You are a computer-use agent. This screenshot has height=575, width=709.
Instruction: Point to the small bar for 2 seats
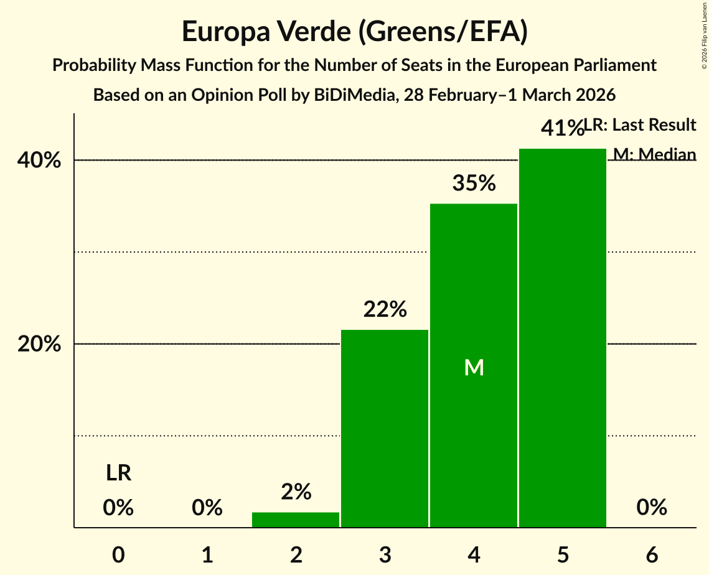(296, 520)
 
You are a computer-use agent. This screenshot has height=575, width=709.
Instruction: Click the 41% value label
(562, 128)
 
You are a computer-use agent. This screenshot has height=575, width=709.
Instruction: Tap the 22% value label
(385, 309)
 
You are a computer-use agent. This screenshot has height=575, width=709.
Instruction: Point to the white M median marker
(474, 368)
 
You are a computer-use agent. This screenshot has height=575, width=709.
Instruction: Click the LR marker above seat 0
(118, 474)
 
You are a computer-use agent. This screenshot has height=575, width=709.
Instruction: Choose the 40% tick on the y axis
(39, 161)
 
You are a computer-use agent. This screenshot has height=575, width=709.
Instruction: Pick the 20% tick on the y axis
(39, 344)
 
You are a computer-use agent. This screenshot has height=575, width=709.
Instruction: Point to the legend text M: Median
(654, 154)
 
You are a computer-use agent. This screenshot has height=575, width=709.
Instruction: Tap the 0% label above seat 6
(652, 508)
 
